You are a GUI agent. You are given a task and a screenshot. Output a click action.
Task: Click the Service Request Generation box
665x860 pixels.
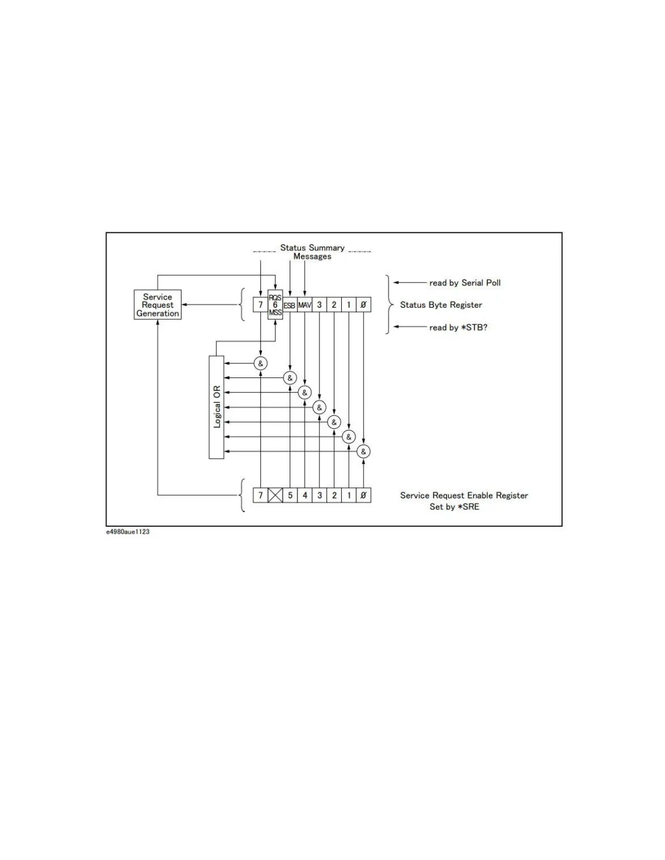[158, 305]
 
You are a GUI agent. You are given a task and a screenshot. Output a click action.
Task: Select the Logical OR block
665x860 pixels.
[216, 407]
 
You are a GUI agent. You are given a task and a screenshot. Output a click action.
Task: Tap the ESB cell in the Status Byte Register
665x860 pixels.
[290, 305]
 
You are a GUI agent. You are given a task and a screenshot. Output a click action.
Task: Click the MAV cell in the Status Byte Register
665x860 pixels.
[304, 305]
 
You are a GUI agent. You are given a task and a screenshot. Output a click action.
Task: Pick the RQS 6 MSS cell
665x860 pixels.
[275, 305]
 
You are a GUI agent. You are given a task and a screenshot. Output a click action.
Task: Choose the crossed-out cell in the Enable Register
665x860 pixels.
[275, 495]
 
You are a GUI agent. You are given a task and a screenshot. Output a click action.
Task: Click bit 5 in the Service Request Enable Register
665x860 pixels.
[290, 495]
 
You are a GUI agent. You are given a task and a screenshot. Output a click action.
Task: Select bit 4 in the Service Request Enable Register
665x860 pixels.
[305, 495]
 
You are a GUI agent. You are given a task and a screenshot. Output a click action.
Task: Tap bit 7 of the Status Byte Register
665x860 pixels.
[261, 305]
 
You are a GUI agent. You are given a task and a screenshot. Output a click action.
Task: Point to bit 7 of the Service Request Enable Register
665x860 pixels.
[261, 495]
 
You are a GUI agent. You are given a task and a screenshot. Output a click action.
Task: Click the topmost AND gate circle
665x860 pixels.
[261, 363]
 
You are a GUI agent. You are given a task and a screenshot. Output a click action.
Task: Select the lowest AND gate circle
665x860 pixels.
[363, 451]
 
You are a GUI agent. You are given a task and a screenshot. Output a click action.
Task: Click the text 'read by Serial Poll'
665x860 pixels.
[465, 283]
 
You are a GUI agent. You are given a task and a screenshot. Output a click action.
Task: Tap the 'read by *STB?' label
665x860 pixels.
[458, 327]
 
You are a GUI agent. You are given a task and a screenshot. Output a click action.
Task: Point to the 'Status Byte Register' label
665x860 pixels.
[441, 305]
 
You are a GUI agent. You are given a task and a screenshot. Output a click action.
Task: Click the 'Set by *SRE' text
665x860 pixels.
[454, 507]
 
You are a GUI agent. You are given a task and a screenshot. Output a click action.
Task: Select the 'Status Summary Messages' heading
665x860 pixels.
[312, 252]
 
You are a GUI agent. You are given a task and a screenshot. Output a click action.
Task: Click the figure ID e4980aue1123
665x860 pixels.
[128, 532]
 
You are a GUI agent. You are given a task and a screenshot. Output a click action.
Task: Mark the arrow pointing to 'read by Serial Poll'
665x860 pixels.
[410, 283]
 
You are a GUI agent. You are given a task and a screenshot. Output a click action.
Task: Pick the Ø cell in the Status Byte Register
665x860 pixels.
[363, 305]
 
